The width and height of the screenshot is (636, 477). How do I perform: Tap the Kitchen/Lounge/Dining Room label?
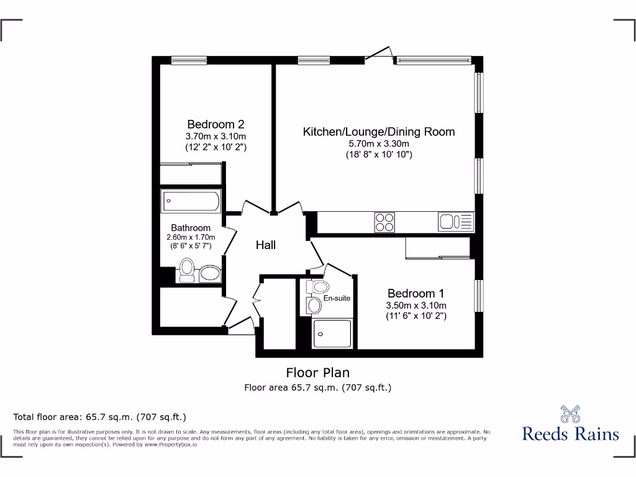click(x=378, y=132)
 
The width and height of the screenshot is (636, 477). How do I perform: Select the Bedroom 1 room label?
click(x=416, y=293)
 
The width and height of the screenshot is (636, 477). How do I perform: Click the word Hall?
click(x=266, y=245)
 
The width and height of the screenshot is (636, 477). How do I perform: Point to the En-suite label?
click(x=337, y=298)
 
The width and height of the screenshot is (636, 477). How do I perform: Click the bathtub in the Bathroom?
click(x=191, y=201)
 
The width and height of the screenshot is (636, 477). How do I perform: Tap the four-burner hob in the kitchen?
click(x=384, y=222)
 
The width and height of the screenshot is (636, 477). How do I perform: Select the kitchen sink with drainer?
click(x=456, y=222)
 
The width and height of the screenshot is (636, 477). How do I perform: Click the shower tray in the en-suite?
click(x=332, y=334)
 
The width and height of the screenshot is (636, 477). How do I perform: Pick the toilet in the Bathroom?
click(x=186, y=271)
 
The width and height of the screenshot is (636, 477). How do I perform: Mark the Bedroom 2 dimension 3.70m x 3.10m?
click(x=216, y=137)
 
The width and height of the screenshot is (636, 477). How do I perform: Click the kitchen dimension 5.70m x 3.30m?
click(x=378, y=143)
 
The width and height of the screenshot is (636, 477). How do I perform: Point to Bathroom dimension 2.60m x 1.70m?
click(x=191, y=237)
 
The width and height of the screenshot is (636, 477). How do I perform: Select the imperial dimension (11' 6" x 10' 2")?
click(x=416, y=316)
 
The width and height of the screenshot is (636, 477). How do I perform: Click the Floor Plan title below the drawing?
click(x=317, y=373)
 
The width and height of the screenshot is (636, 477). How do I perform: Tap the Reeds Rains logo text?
click(x=570, y=434)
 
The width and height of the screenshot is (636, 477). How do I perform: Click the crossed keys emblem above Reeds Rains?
click(x=570, y=413)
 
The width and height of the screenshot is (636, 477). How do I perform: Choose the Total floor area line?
click(x=100, y=417)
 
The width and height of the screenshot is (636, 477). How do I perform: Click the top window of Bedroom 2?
click(x=189, y=60)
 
